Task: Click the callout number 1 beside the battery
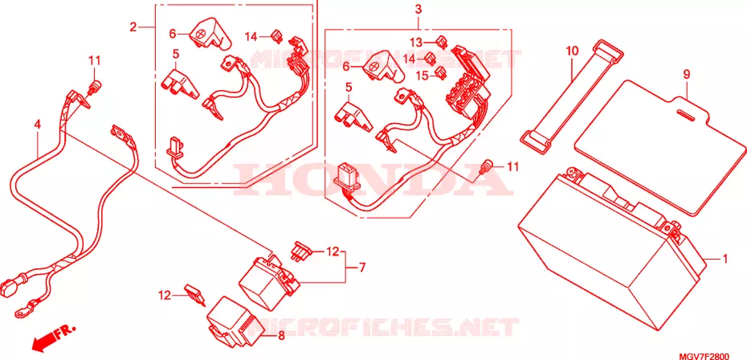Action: click(725, 259)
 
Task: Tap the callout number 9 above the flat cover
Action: click(687, 74)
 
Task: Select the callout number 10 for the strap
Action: click(572, 50)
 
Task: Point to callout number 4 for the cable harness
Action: click(37, 125)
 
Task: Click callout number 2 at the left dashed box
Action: click(133, 27)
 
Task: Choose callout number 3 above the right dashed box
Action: click(418, 9)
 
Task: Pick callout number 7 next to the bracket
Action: click(362, 268)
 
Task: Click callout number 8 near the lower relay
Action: click(281, 336)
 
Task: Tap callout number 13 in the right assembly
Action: click(416, 41)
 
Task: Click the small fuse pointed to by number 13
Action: click(442, 42)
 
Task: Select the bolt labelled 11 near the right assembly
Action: click(485, 167)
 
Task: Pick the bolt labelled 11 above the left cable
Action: click(95, 87)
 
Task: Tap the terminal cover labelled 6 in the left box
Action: click(210, 34)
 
